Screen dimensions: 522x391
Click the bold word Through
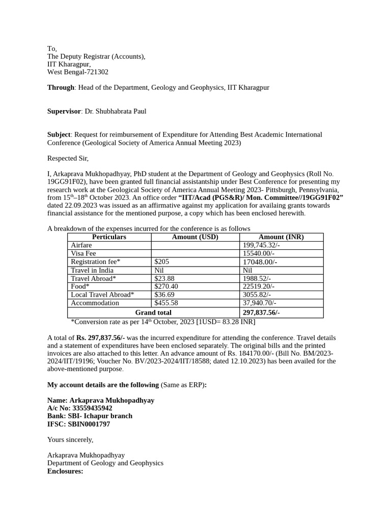(x=61, y=88)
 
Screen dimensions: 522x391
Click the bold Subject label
(x=59, y=135)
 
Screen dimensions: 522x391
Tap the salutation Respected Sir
(x=68, y=159)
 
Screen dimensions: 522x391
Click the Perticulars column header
(x=109, y=237)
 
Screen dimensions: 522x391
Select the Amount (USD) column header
(x=195, y=237)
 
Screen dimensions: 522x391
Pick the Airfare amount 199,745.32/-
(x=261, y=245)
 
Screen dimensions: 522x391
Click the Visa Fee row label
(x=83, y=253)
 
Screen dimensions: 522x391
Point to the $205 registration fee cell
(x=161, y=262)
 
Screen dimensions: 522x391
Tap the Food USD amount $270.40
(x=166, y=286)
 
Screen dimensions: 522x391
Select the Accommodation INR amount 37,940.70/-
(x=260, y=303)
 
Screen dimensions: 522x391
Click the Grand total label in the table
(x=153, y=312)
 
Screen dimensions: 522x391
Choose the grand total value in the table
(x=261, y=312)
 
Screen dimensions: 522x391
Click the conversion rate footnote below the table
(x=163, y=322)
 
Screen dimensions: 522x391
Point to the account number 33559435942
(x=92, y=408)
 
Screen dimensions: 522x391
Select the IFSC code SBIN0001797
(x=89, y=424)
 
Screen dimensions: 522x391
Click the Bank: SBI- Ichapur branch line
(x=90, y=416)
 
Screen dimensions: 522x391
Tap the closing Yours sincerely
(x=70, y=439)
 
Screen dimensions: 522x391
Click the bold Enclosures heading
(x=65, y=471)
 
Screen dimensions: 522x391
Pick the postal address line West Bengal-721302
(x=78, y=72)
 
